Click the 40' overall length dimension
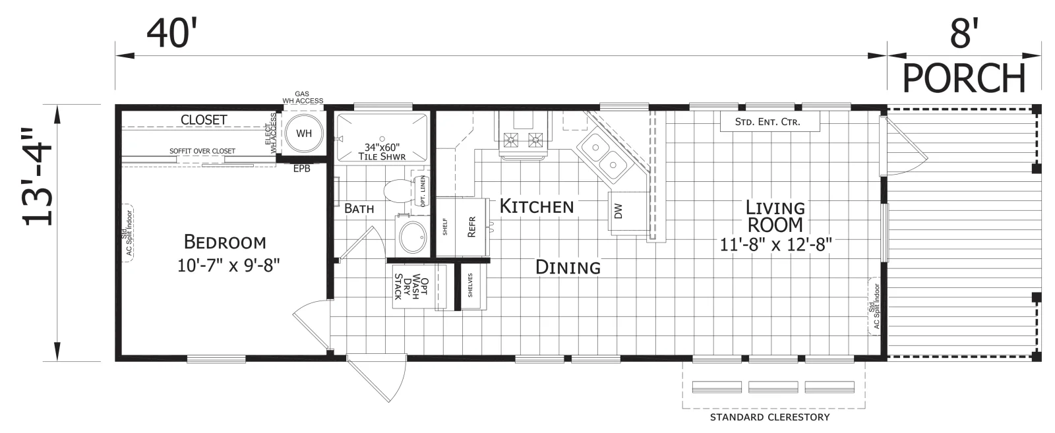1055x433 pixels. pos(171,34)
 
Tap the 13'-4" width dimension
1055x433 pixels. pos(38,177)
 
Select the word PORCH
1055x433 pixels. pos(963,78)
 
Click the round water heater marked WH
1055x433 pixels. pos(304,133)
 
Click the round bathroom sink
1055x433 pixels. pos(413,237)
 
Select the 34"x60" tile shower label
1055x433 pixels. pos(382,152)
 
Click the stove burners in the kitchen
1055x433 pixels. pos(524,140)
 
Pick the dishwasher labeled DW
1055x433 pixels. pos(626,212)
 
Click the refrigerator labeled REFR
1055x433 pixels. pos(471,227)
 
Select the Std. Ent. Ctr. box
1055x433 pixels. pos(769,121)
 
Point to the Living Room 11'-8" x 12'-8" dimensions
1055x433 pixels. pos(775,245)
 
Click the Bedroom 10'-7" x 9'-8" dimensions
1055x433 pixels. pos(228,266)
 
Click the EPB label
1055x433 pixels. pos(301,169)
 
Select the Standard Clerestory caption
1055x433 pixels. pos(769,417)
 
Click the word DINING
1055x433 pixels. pos(568,268)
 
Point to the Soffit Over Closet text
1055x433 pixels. pos(202,151)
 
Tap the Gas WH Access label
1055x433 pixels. pos(303,98)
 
